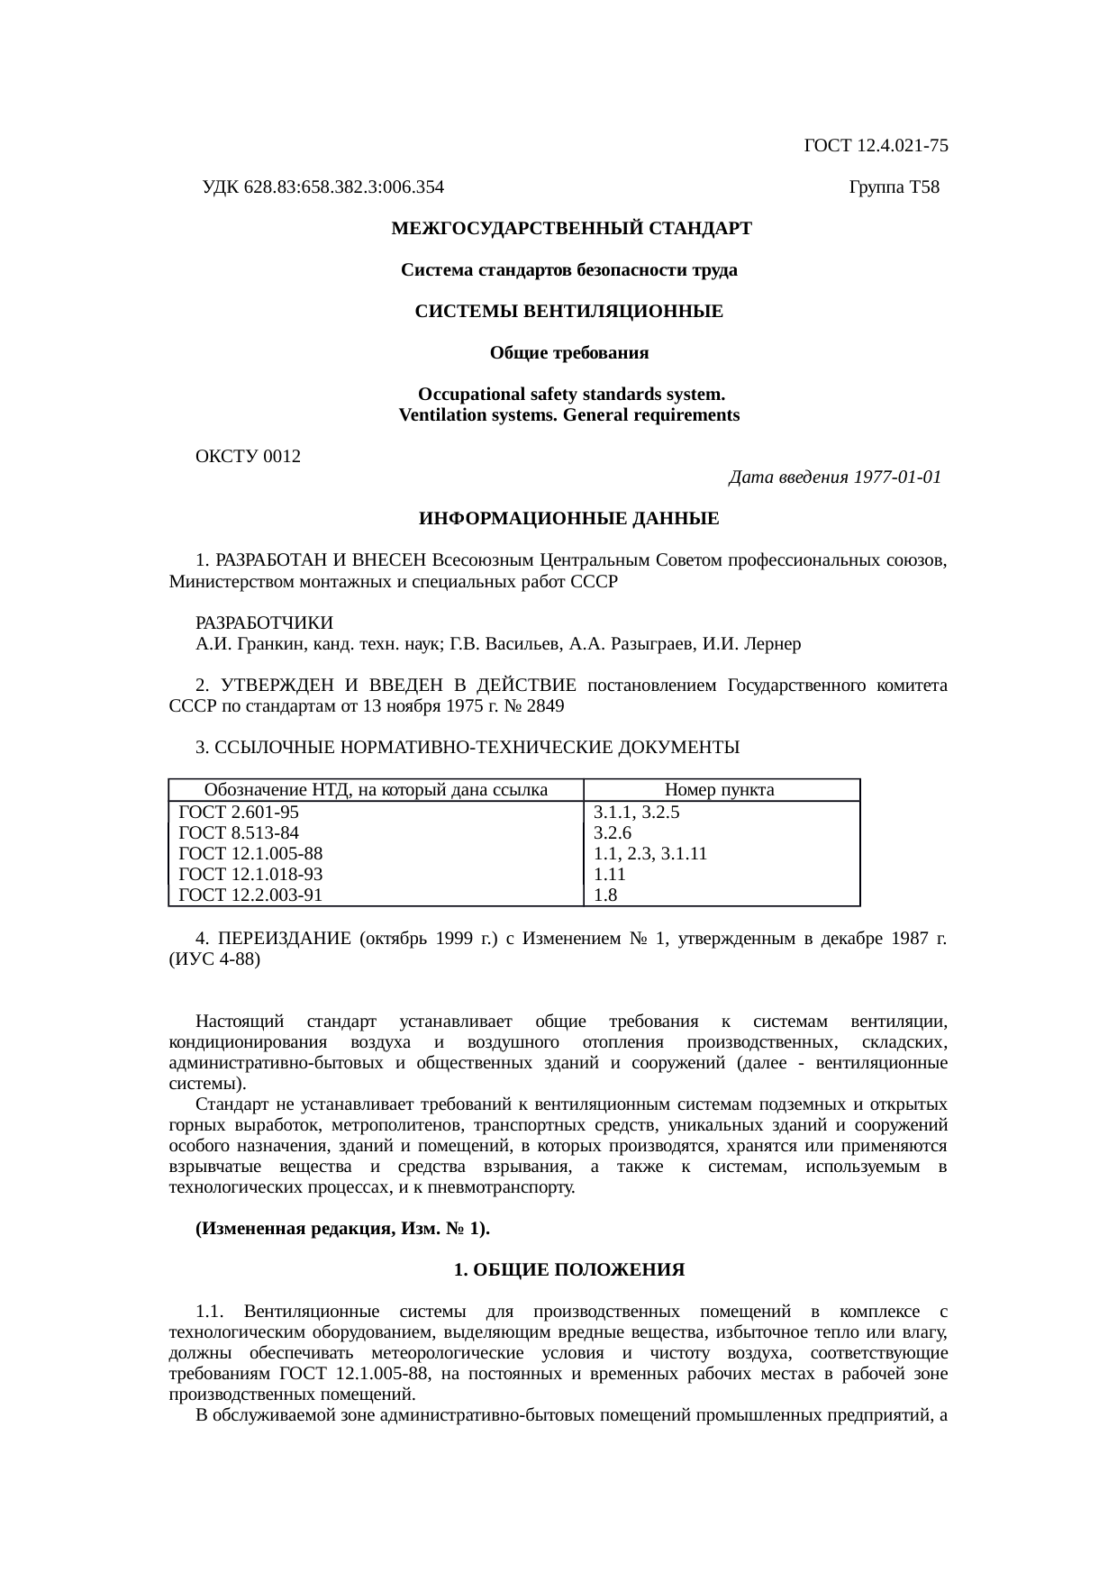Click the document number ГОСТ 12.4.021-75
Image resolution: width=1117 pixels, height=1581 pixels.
click(x=875, y=145)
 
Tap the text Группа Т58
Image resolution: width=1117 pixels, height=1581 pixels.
click(x=894, y=187)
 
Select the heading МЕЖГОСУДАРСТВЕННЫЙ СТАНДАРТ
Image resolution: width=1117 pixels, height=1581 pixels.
click(x=571, y=229)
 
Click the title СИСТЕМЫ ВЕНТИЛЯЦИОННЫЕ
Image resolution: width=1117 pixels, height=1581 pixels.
click(x=568, y=312)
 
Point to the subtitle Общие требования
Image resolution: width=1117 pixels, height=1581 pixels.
click(x=568, y=353)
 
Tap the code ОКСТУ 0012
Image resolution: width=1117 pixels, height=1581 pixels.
click(x=248, y=457)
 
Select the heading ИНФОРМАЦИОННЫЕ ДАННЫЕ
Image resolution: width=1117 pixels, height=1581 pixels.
click(x=568, y=519)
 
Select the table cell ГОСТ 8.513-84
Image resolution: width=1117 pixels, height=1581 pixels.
click(x=239, y=832)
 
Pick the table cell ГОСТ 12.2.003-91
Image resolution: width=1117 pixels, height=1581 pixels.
click(x=250, y=895)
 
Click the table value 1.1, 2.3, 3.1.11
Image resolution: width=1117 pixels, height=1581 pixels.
click(x=649, y=853)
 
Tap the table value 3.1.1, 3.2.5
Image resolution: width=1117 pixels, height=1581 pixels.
click(x=636, y=812)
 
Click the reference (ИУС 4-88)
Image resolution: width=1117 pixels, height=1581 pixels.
click(x=214, y=959)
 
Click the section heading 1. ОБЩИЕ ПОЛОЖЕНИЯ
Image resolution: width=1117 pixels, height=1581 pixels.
click(x=568, y=1270)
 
